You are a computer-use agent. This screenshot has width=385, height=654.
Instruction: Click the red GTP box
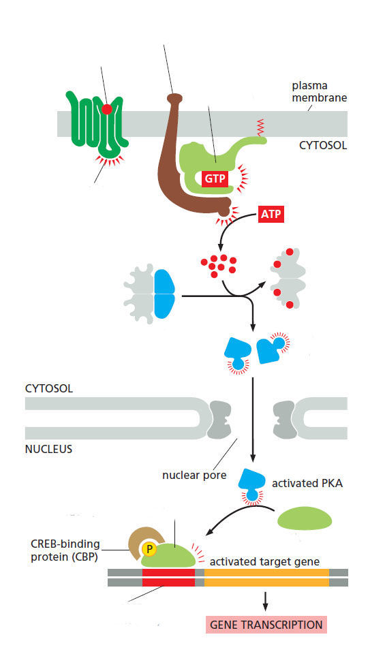pyautogui.click(x=215, y=179)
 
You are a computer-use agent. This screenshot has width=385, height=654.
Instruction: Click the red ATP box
pyautogui.click(x=271, y=214)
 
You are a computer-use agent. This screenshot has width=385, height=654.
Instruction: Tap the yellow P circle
pyautogui.click(x=149, y=549)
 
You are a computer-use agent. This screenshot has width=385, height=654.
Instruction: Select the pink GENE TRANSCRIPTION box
pyautogui.click(x=266, y=625)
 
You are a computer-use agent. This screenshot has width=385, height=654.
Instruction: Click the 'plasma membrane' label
pyautogui.click(x=319, y=92)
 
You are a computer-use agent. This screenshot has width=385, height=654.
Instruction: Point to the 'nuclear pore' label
pyautogui.click(x=194, y=475)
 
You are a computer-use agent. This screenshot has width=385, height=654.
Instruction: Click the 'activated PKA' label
pyautogui.click(x=307, y=484)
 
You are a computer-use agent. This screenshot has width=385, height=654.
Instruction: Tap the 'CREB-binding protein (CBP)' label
pyautogui.click(x=65, y=550)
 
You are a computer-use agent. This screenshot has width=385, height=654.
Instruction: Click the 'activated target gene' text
pyautogui.click(x=264, y=562)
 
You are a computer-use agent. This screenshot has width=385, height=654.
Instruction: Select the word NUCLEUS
pyautogui.click(x=49, y=449)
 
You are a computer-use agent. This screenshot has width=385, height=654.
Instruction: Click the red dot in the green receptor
pyautogui.click(x=107, y=109)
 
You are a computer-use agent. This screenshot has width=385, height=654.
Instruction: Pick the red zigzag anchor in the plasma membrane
pyautogui.click(x=261, y=127)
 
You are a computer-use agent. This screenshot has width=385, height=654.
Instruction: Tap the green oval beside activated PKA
pyautogui.click(x=305, y=519)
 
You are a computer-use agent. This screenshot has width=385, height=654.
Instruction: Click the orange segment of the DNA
pyautogui.click(x=266, y=577)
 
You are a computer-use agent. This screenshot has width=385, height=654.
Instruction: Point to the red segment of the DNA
pyautogui.click(x=168, y=577)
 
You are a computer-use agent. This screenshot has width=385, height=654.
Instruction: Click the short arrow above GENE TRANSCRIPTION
pyautogui.click(x=265, y=601)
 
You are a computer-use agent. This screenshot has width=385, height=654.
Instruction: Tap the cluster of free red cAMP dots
pyautogui.click(x=219, y=265)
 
